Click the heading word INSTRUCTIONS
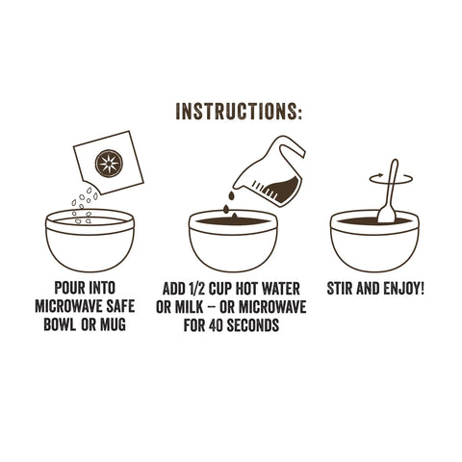239,111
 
